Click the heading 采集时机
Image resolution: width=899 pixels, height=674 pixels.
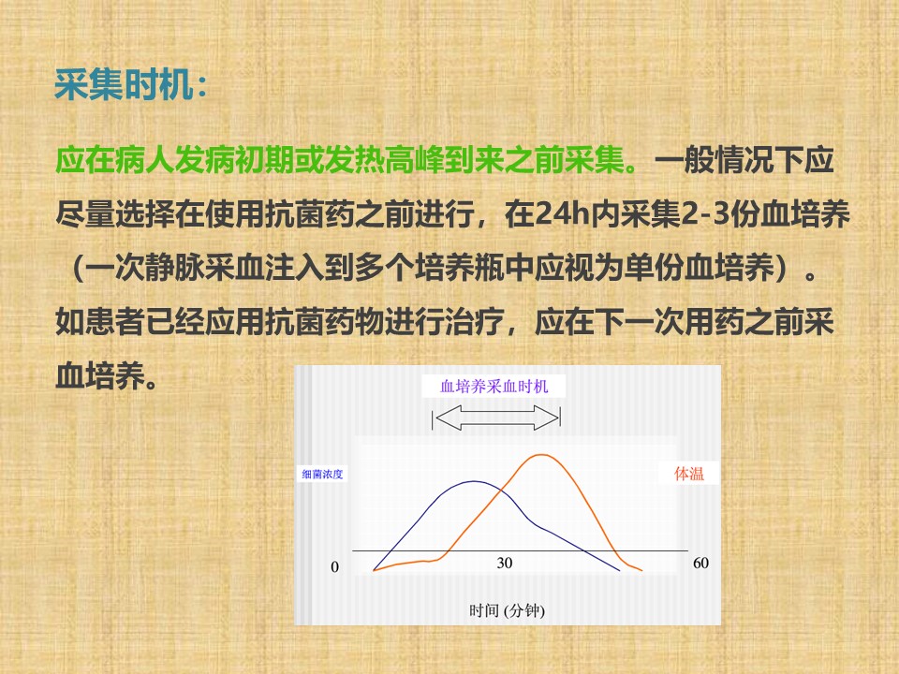coord(130,85)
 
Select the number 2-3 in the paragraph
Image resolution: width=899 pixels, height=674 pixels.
coord(705,213)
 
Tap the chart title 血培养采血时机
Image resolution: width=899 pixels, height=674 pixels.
coord(494,387)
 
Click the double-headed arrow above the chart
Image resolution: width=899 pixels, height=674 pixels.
coord(496,418)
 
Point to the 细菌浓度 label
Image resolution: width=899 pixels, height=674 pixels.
coord(322,474)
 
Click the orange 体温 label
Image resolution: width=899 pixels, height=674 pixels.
coord(688,474)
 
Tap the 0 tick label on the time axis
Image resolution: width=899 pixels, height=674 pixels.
coord(335,567)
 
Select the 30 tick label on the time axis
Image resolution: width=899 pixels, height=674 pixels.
coord(505,563)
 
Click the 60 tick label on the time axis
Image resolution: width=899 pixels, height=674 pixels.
coord(700,563)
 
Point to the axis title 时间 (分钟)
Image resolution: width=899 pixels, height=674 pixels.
coord(507,610)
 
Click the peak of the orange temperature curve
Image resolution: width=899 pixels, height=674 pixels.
coord(541,455)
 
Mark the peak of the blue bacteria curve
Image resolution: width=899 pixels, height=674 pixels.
coord(474,481)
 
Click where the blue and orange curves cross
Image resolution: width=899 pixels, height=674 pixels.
coord(503,491)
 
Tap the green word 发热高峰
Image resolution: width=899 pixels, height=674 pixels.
coord(384,160)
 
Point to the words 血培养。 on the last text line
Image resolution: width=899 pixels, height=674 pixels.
coord(107,376)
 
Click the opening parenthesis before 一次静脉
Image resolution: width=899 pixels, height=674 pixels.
coord(78,268)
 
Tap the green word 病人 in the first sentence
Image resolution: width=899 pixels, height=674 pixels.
coord(144,160)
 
